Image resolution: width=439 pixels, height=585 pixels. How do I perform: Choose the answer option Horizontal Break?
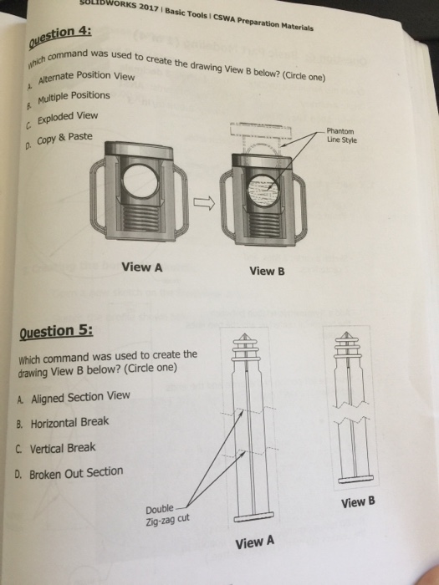69,423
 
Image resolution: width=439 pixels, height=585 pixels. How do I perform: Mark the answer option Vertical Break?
63,448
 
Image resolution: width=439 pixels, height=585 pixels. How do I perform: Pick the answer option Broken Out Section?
76,473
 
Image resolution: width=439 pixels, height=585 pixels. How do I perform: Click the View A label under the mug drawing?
141,268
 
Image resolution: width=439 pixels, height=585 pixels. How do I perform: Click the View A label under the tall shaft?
255,542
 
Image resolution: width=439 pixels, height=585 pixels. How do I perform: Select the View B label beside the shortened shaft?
360,503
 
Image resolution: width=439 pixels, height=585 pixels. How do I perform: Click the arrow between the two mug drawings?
205,201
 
